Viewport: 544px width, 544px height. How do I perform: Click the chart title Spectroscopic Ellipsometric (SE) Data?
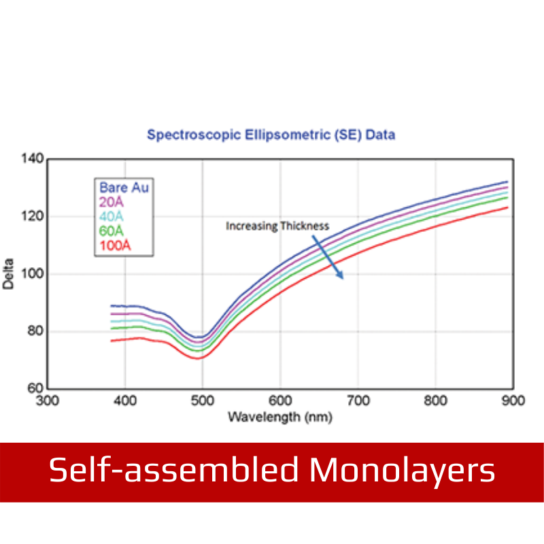pos(271,135)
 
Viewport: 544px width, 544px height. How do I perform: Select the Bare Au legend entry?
pos(124,188)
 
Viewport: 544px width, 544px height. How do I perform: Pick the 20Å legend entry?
pos(111,202)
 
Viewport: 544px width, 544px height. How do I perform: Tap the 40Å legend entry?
pos(111,216)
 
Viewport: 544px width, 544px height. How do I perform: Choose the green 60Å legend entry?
pos(111,231)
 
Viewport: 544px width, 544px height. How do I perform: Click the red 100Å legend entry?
pos(115,245)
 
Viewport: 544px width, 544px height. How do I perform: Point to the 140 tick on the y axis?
pos(33,158)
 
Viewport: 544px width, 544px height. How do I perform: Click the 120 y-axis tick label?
pos(33,216)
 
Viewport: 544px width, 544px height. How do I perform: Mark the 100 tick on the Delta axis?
pos(33,274)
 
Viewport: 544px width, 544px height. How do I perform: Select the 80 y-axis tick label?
pos(35,331)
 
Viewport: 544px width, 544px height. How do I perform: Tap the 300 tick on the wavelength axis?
pos(47,401)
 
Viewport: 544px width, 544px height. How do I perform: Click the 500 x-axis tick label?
pos(203,401)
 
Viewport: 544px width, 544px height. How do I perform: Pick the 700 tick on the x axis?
pos(358,401)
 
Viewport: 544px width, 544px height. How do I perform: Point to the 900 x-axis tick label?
pos(513,401)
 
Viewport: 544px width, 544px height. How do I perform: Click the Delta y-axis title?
pos(8,274)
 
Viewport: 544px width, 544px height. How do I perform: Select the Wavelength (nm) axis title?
pos(280,417)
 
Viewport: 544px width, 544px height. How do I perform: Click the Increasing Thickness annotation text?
pos(277,226)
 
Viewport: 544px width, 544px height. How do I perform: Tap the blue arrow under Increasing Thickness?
pos(328,257)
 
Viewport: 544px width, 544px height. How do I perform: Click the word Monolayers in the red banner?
pos(402,471)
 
